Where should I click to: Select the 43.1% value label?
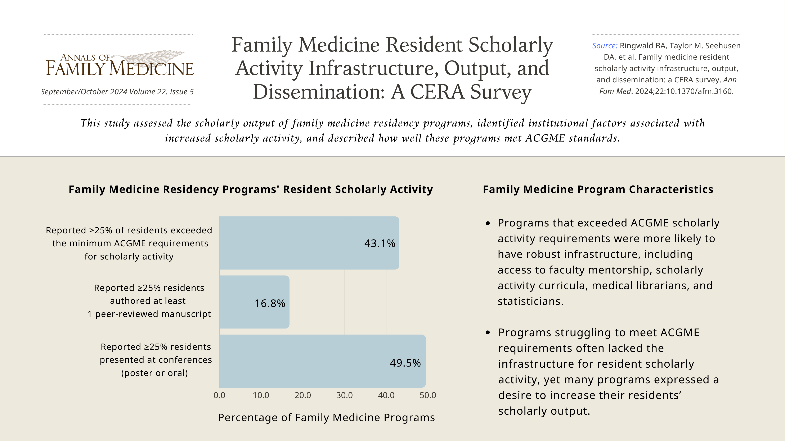pyautogui.click(x=380, y=243)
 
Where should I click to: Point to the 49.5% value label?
pyautogui.click(x=405, y=363)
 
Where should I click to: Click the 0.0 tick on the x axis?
pyautogui.click(x=219, y=395)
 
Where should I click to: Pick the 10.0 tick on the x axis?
pyautogui.click(x=261, y=395)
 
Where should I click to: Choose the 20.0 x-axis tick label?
pyautogui.click(x=303, y=395)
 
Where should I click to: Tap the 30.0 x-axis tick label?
pyautogui.click(x=344, y=395)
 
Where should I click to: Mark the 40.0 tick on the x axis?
pyautogui.click(x=386, y=395)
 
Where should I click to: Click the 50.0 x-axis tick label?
pyautogui.click(x=428, y=395)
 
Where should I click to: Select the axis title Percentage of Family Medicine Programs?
pyautogui.click(x=326, y=418)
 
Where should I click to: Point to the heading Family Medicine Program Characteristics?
pyautogui.click(x=598, y=189)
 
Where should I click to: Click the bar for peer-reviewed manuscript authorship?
pyautogui.click(x=254, y=302)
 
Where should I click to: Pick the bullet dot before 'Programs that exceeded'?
pyautogui.click(x=488, y=223)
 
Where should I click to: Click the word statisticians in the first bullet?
pyautogui.click(x=530, y=301)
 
